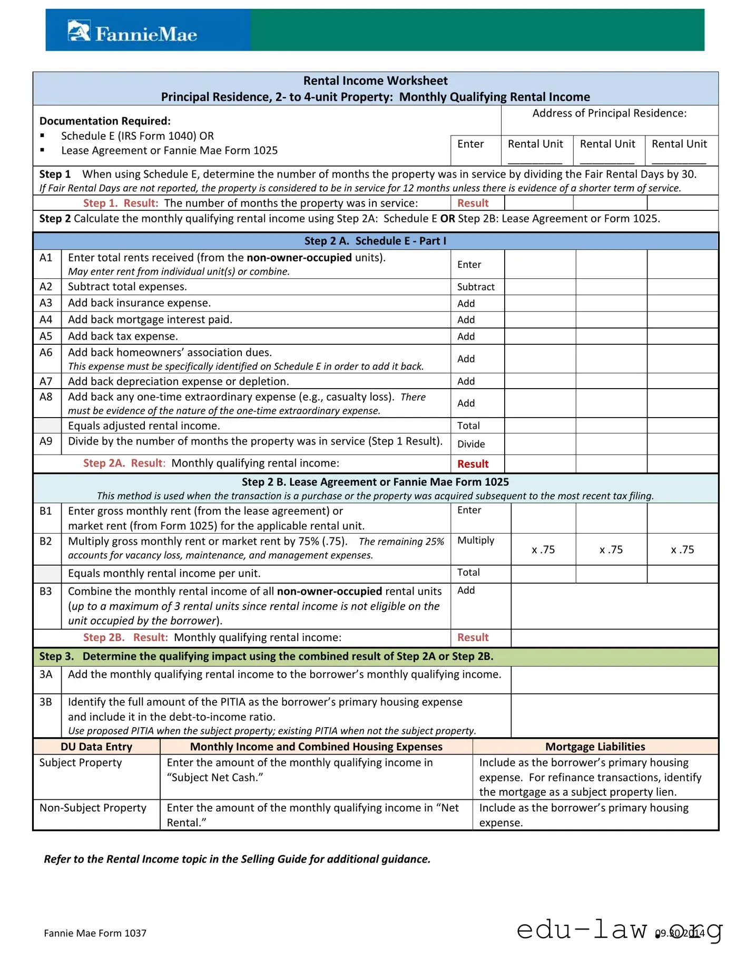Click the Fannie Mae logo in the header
(133, 33)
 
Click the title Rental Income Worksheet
(375, 81)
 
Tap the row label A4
(46, 320)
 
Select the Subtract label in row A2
(475, 287)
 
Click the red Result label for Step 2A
(473, 464)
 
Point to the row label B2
(46, 542)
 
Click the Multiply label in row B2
(475, 540)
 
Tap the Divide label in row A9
(470, 444)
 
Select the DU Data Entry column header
(96, 747)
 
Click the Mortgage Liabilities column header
(595, 747)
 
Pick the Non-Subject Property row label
(93, 808)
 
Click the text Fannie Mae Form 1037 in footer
(95, 933)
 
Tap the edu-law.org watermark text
(620, 929)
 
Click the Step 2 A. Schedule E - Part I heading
(375, 241)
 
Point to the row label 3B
(46, 702)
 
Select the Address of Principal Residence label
(609, 113)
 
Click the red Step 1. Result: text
(121, 203)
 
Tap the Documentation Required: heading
(105, 121)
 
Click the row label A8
(46, 397)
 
